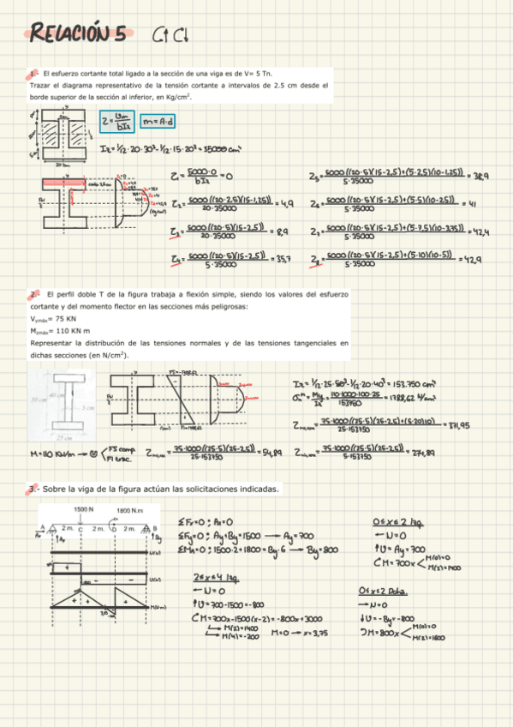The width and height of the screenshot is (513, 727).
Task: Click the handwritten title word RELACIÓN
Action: pyautogui.click(x=77, y=34)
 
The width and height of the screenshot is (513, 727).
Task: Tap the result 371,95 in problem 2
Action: pyautogui.click(x=483, y=424)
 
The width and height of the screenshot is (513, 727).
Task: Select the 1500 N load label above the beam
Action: pyautogui.click(x=84, y=509)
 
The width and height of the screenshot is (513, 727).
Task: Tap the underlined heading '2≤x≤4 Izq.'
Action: pyautogui.click(x=217, y=575)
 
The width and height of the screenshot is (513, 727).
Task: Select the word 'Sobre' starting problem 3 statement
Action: pyautogui.click(x=51, y=489)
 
